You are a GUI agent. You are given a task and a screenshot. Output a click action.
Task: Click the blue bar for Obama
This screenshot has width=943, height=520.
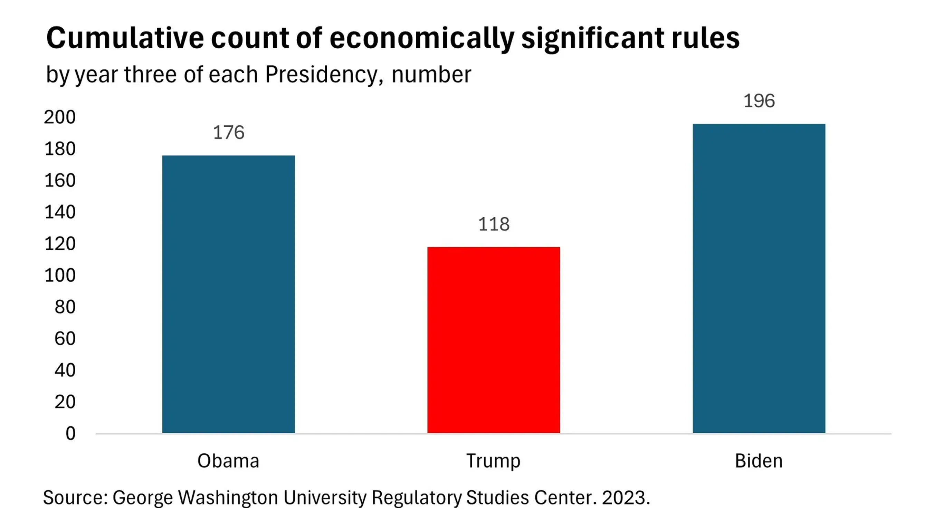[x=228, y=294]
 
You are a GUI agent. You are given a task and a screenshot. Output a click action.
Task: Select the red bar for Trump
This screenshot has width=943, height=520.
[x=494, y=340]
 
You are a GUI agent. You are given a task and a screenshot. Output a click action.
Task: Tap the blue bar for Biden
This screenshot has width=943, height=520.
[x=759, y=279]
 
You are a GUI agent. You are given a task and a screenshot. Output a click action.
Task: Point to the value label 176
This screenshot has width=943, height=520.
[x=228, y=133]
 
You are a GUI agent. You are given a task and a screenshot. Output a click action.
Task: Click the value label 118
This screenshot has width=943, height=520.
[x=494, y=224]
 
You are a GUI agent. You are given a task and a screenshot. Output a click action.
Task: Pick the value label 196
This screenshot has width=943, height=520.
[x=759, y=101]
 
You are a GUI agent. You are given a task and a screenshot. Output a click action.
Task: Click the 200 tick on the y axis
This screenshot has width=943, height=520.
[x=60, y=117]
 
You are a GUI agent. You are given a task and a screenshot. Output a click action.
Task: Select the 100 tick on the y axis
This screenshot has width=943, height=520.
[x=60, y=275]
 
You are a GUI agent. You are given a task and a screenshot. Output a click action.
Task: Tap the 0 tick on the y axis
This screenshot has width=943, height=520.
[x=70, y=433]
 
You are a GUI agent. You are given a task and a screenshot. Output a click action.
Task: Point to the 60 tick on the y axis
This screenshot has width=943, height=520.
[x=65, y=338]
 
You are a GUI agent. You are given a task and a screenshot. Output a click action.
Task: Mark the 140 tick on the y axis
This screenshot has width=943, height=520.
[x=60, y=212]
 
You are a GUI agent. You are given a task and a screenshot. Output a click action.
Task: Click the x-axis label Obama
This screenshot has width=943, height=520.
[x=228, y=461]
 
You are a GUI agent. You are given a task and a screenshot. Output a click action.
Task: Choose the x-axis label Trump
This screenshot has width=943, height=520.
[x=493, y=461]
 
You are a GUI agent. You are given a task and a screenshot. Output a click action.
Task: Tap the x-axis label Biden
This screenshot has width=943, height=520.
[x=759, y=461]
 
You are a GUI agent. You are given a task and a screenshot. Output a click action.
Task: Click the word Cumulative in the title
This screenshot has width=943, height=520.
[x=125, y=38]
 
